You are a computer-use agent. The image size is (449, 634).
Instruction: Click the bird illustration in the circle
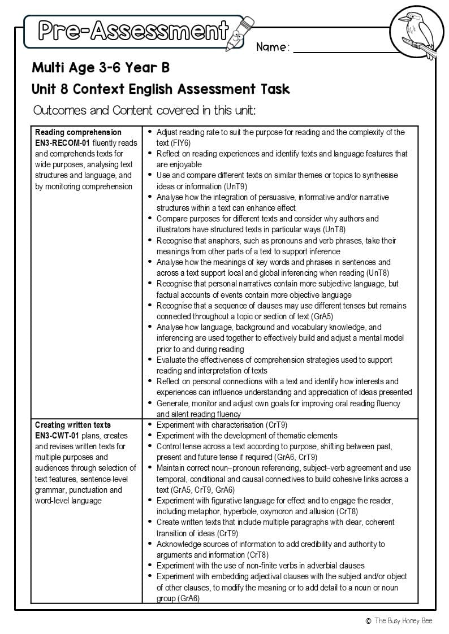[418, 34]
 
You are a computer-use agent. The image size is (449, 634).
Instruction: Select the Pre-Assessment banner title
[133, 30]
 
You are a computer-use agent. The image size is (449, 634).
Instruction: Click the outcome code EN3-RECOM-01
[62, 143]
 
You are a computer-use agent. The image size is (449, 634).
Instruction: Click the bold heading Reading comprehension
[78, 132]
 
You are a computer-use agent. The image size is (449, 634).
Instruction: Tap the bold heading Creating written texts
[73, 425]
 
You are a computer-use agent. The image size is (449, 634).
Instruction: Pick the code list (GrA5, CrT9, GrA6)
[202, 490]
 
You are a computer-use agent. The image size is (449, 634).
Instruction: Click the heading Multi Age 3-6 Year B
[101, 68]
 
